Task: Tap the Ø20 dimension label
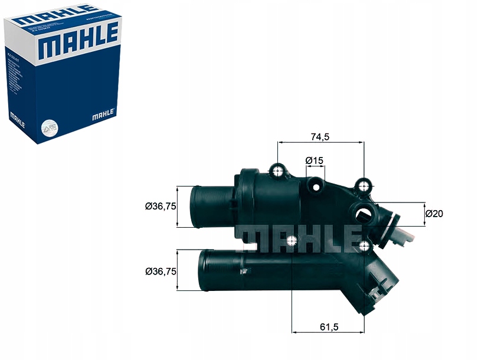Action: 434,214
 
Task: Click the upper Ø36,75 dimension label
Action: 161,206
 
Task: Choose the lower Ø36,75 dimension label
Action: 161,271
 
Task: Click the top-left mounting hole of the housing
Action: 278,171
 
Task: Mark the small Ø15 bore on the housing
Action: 317,187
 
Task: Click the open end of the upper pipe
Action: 194,207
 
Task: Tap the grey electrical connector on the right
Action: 403,239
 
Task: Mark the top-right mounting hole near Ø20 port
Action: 364,186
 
